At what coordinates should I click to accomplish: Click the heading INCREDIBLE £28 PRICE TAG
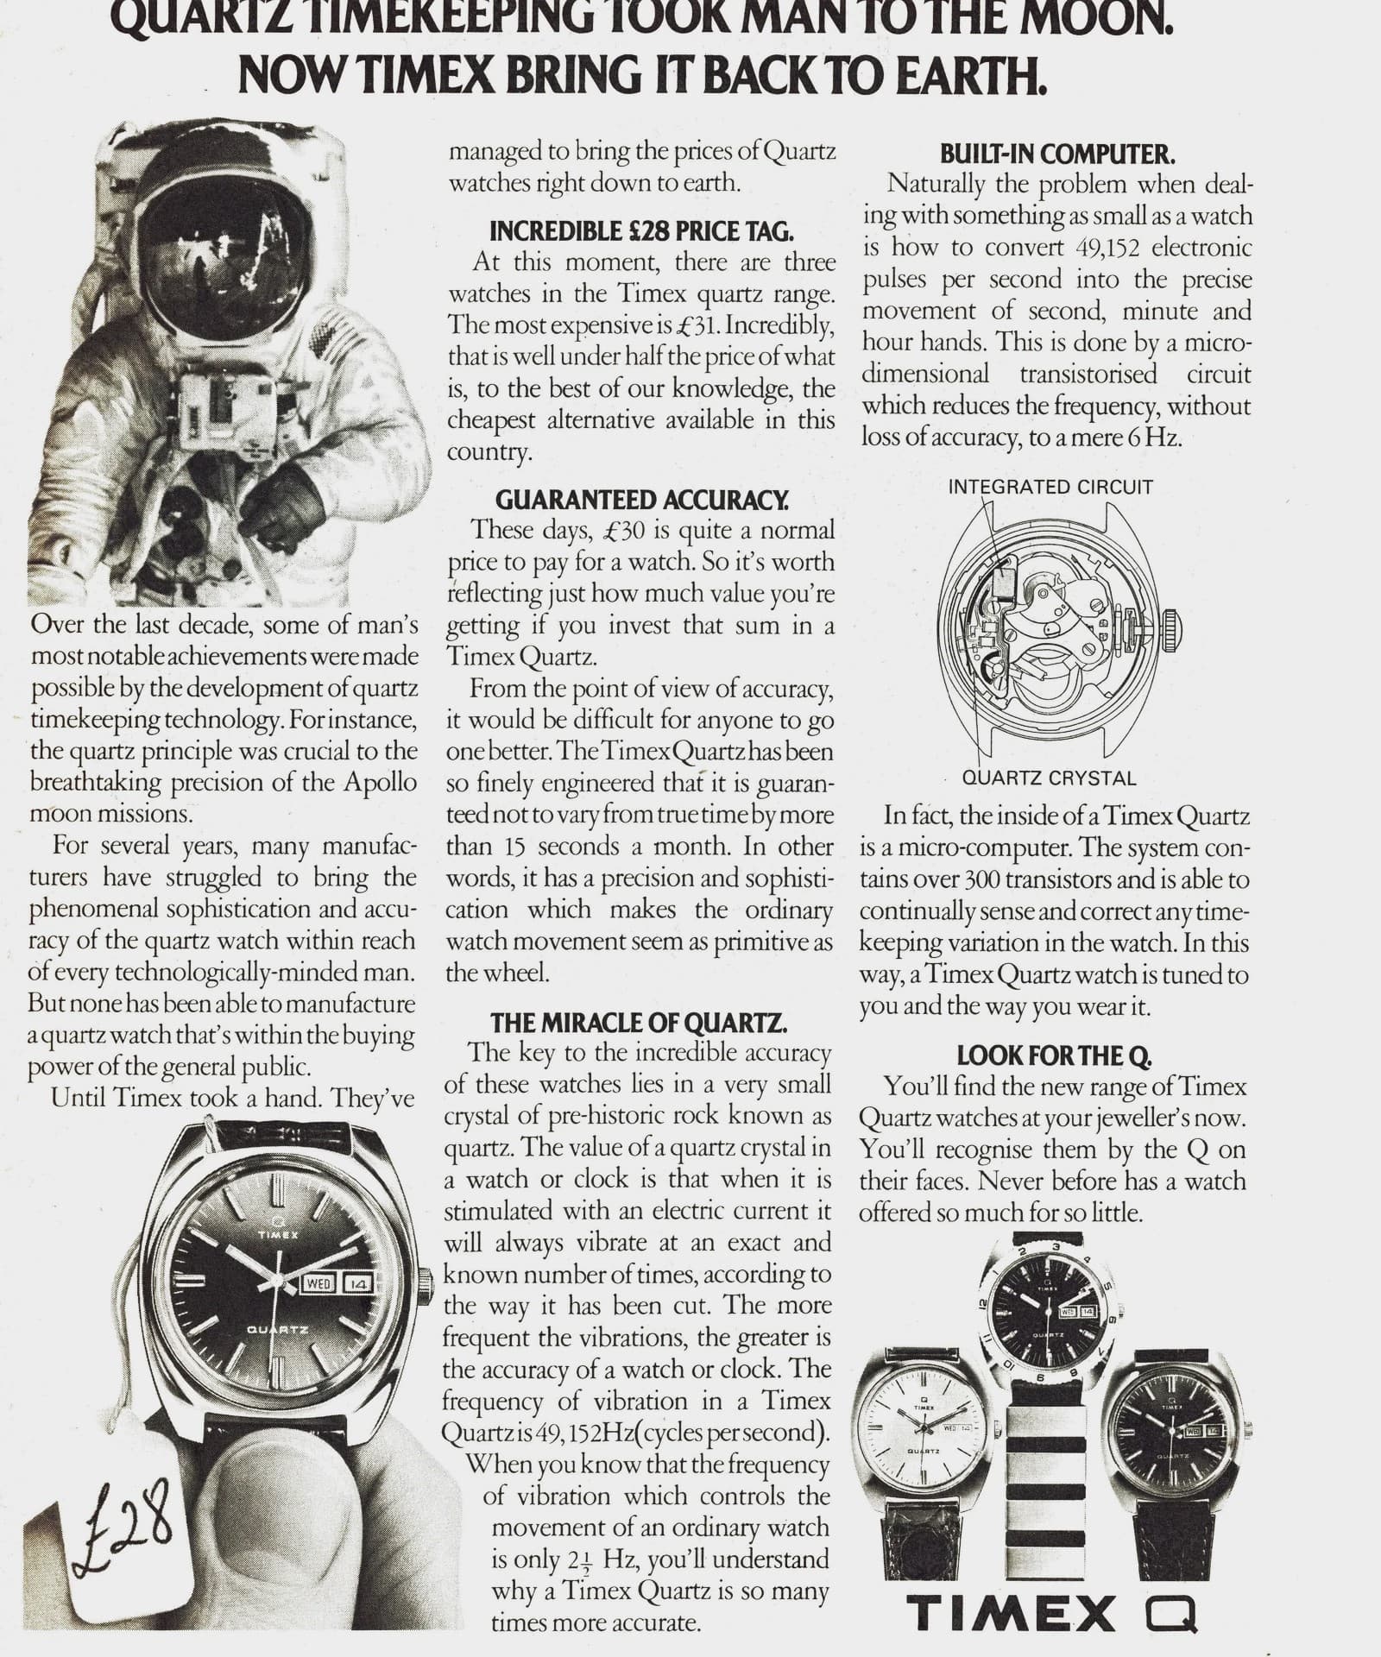coord(641,231)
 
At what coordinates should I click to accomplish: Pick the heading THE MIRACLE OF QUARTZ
coord(639,1024)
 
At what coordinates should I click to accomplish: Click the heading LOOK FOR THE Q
coord(1055,1055)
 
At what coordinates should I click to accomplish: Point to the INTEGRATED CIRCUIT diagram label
coord(1050,487)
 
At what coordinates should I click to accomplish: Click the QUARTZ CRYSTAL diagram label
coord(1049,778)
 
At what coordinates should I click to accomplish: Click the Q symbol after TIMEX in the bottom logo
coord(1173,1611)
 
